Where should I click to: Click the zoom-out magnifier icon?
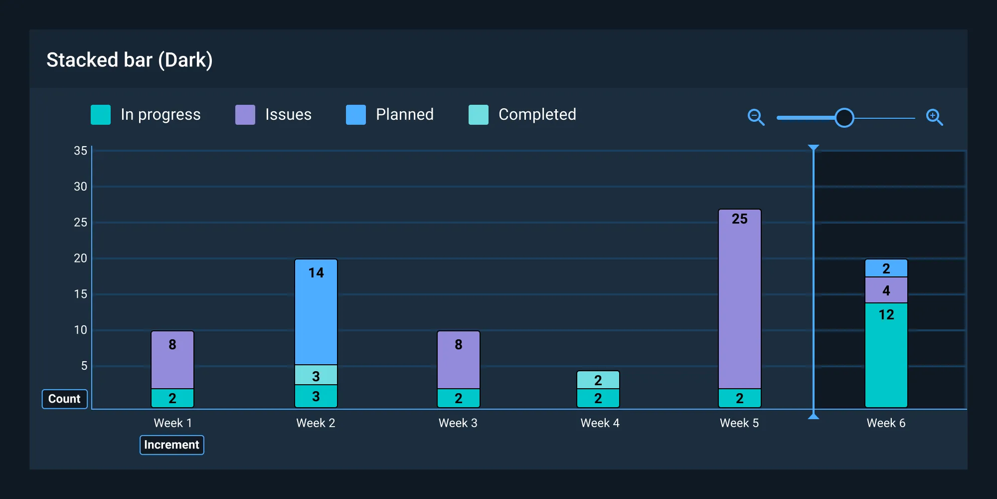pos(756,117)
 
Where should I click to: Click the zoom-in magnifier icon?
pos(934,117)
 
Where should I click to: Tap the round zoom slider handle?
pos(844,118)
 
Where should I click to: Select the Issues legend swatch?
pos(245,115)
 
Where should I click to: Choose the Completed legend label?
pos(537,115)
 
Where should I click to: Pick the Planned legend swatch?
pos(355,115)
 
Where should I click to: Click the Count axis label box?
pos(64,399)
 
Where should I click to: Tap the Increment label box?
pos(171,445)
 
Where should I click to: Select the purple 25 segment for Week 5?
pos(739,299)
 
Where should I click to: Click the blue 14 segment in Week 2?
pos(316,312)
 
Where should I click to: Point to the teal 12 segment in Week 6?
pos(886,354)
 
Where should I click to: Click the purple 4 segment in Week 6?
pos(886,290)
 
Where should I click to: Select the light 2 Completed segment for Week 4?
pos(598,380)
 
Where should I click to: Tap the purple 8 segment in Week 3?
pos(458,359)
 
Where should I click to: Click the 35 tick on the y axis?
pos(80,151)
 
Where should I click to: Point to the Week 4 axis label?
pos(600,423)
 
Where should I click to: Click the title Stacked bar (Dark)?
pos(130,60)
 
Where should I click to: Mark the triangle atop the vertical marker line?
pos(814,148)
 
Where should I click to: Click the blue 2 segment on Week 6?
pos(886,268)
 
